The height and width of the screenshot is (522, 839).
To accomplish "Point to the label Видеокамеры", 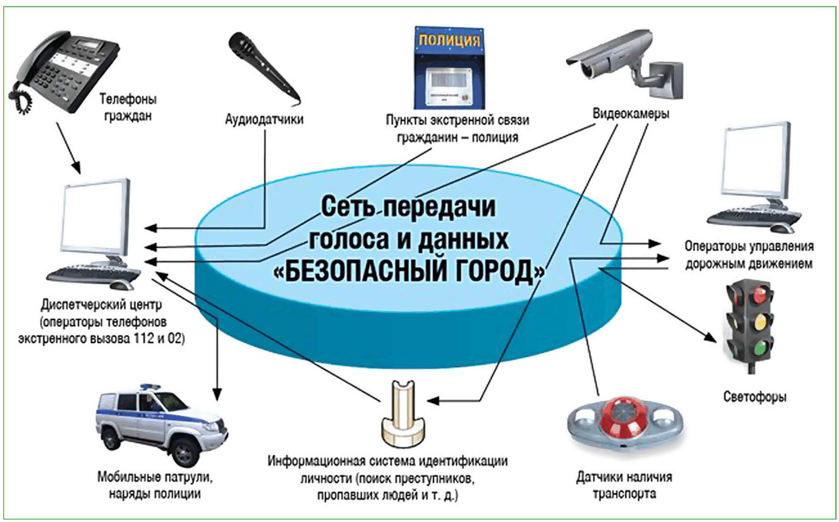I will [631, 113].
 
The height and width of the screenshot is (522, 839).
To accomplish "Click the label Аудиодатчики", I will [264, 119].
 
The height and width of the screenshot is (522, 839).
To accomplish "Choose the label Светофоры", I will [755, 397].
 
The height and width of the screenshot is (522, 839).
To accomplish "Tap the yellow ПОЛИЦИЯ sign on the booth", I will [449, 40].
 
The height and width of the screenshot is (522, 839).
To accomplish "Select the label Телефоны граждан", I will [128, 107].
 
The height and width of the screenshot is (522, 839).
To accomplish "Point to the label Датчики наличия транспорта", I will [624, 486].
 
